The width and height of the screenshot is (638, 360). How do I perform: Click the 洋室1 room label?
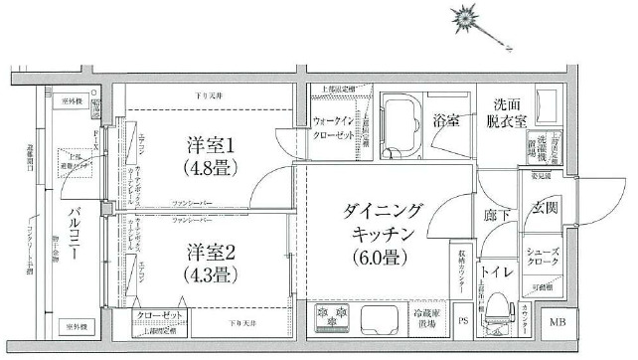(210, 145)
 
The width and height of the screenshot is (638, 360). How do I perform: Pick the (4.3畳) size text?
(210, 273)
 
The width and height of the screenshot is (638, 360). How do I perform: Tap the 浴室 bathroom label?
(446, 121)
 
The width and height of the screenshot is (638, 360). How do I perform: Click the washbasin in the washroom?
(550, 106)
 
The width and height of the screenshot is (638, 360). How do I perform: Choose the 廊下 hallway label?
(497, 214)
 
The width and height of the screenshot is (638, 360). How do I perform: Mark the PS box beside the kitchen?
(463, 320)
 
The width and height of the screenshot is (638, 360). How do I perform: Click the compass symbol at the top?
(464, 16)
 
